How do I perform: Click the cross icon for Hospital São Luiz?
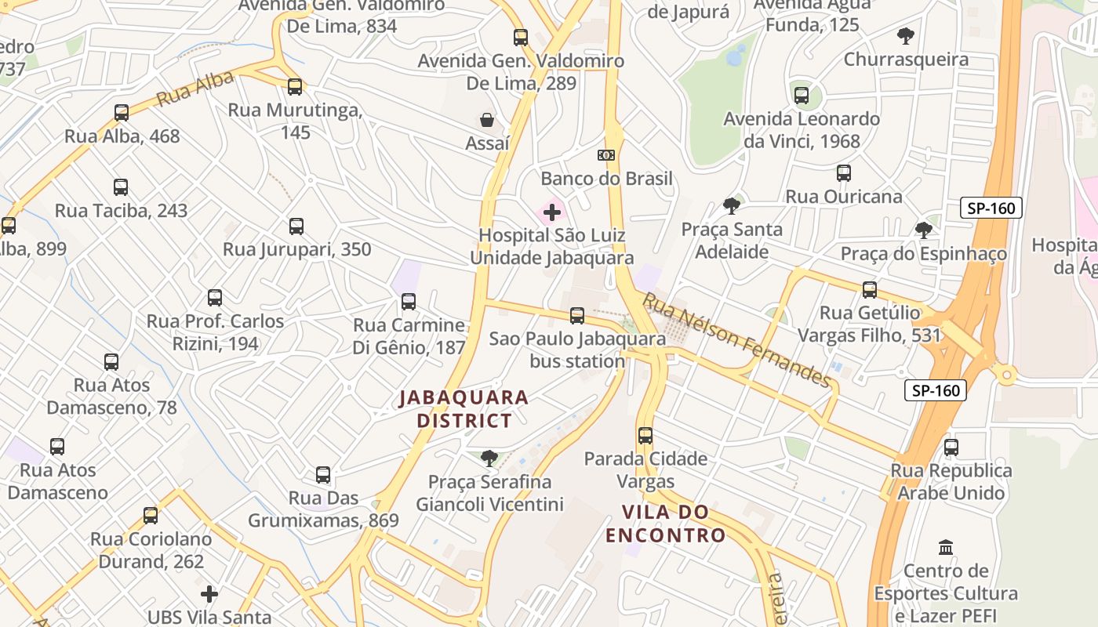click(552, 212)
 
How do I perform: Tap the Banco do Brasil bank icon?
click(606, 155)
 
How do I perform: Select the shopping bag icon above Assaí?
click(487, 120)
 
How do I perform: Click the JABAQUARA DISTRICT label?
click(464, 409)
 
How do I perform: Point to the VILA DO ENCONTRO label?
click(665, 524)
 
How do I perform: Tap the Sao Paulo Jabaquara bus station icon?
click(577, 316)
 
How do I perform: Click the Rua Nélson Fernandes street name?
click(736, 340)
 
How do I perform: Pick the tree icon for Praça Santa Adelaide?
click(732, 206)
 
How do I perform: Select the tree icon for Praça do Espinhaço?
click(924, 230)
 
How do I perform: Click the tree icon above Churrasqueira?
click(906, 36)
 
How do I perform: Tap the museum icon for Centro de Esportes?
click(946, 547)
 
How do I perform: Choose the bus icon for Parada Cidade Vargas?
click(645, 436)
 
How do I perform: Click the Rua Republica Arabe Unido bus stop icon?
click(951, 448)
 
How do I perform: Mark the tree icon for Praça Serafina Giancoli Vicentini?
click(489, 458)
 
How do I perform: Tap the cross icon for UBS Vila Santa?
click(209, 594)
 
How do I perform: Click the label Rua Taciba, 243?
click(121, 211)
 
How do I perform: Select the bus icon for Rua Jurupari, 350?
click(296, 227)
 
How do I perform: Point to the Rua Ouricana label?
click(844, 197)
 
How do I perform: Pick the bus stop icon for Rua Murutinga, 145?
click(295, 87)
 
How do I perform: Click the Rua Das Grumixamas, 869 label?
click(323, 509)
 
